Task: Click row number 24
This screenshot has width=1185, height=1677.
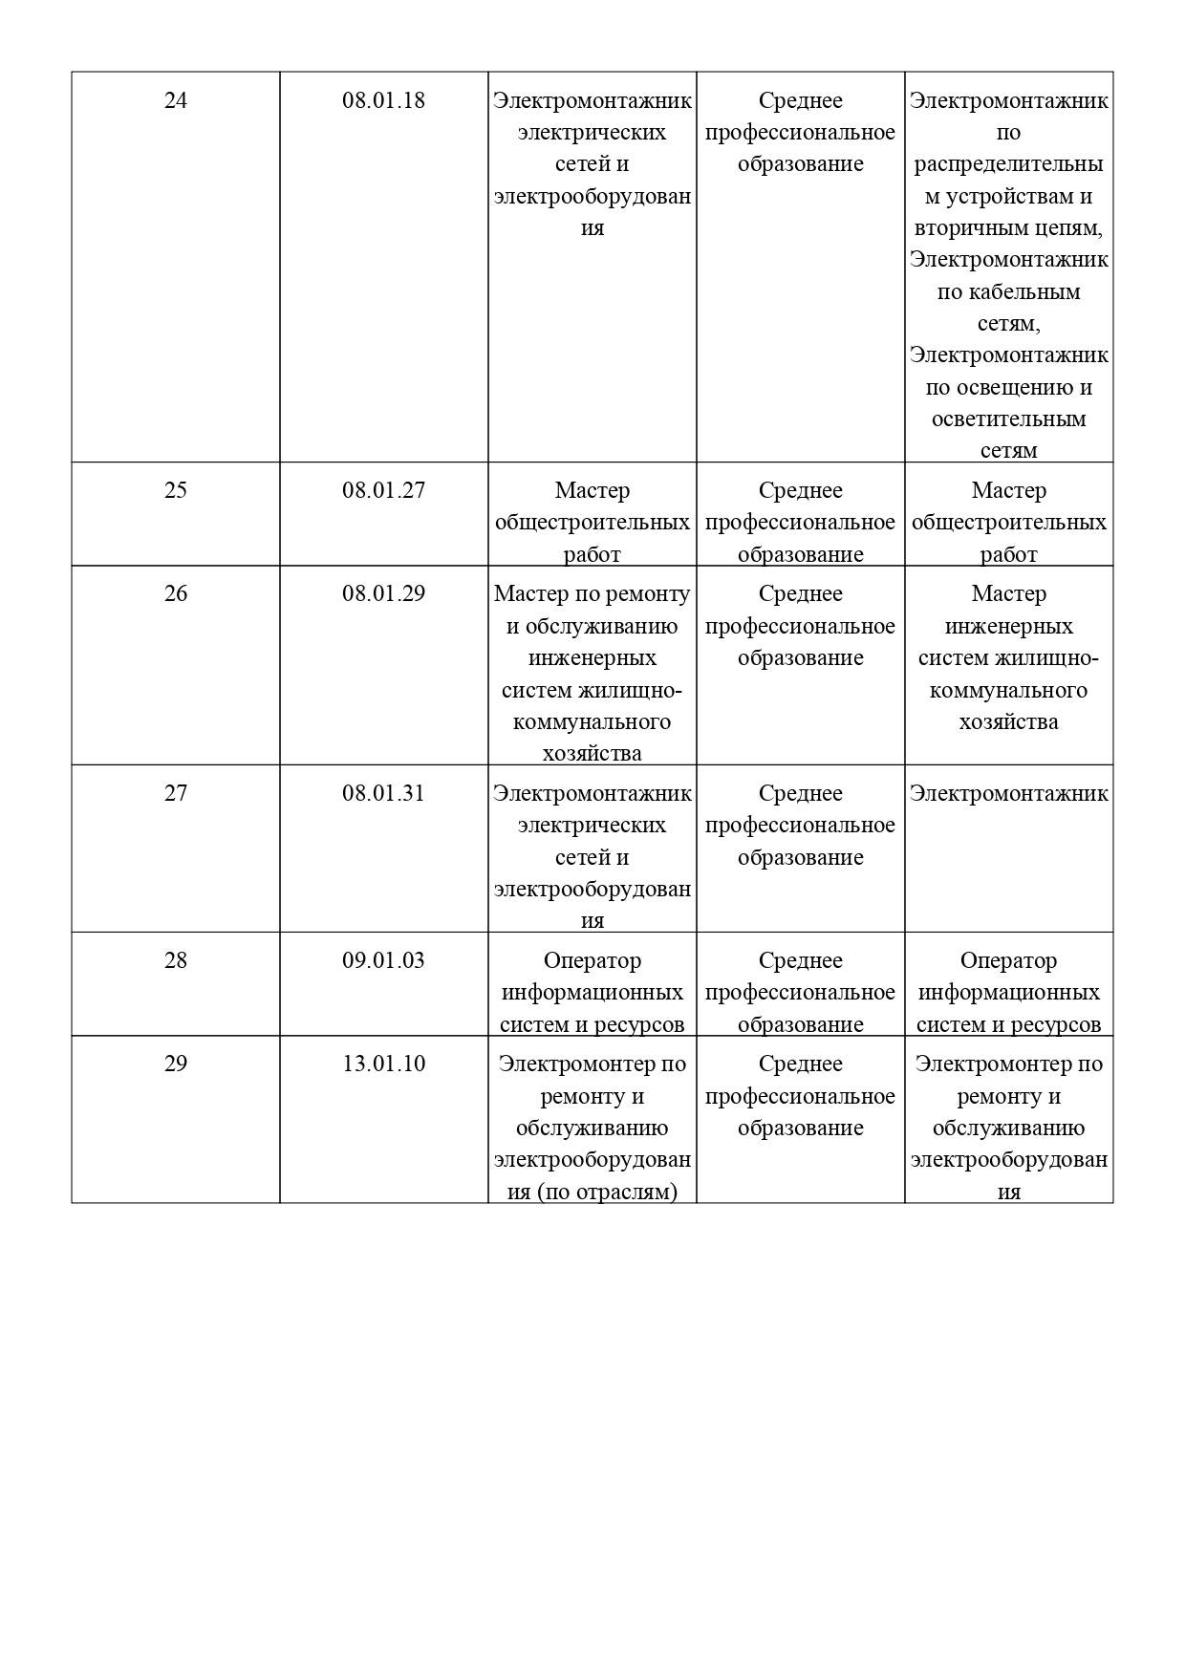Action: [x=176, y=100]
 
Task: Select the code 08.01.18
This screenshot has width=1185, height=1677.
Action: [x=383, y=100]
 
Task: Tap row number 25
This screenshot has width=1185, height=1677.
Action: [x=176, y=490]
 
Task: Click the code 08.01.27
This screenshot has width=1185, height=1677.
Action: [x=383, y=490]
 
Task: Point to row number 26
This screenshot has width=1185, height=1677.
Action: [x=176, y=593]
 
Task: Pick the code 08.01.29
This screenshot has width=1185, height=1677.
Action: [x=383, y=593]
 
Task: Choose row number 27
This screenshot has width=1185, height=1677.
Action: [x=176, y=793]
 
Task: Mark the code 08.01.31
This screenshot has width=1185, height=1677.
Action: [x=383, y=793]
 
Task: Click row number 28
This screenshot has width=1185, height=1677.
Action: [x=176, y=960]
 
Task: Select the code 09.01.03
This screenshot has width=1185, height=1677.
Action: [x=383, y=960]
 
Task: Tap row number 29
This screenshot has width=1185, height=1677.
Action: [x=176, y=1064]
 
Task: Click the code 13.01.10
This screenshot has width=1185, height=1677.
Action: [x=383, y=1064]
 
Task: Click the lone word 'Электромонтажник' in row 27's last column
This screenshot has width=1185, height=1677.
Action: [x=1008, y=793]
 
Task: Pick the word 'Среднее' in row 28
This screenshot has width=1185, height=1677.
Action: [x=800, y=960]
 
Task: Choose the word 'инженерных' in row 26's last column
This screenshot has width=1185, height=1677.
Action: [x=1008, y=626]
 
